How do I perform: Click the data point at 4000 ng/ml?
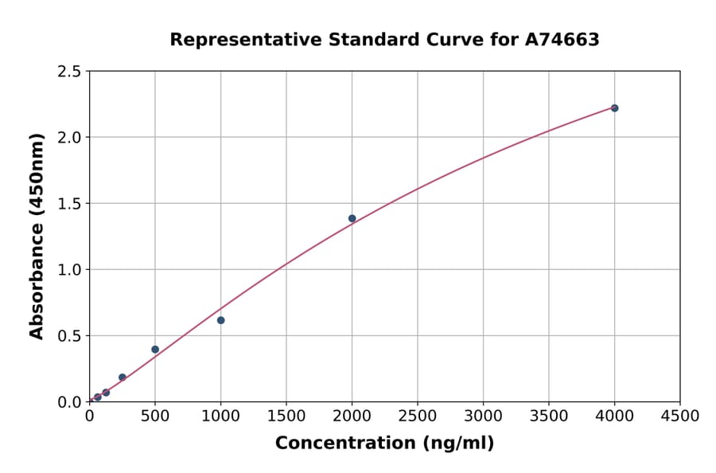[x=614, y=108]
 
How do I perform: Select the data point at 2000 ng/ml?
[x=352, y=218]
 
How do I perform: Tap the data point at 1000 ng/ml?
[x=220, y=320]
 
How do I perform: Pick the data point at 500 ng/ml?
[x=155, y=350]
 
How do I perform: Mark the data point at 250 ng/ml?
[x=122, y=377]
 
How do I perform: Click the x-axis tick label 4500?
[x=679, y=416]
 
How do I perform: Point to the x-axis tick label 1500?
[x=286, y=416]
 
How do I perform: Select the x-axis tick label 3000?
[x=483, y=416]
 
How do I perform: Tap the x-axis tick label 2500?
[x=417, y=416]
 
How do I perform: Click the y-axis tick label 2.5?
[x=70, y=72]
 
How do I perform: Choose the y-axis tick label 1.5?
[x=70, y=204]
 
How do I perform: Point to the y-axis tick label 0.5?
[x=70, y=336]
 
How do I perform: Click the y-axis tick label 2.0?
[x=70, y=138]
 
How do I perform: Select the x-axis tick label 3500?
[x=548, y=416]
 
